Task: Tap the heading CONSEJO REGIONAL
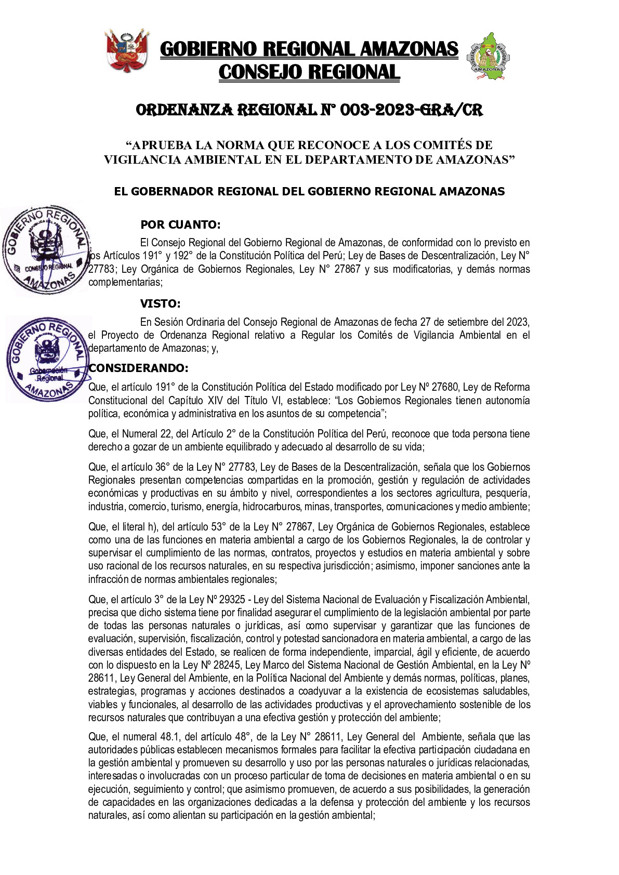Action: click(309, 72)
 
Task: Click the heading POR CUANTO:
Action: click(180, 225)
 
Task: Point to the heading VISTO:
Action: click(160, 304)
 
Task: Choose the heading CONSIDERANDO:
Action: click(138, 368)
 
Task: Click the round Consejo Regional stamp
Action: click(46, 250)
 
